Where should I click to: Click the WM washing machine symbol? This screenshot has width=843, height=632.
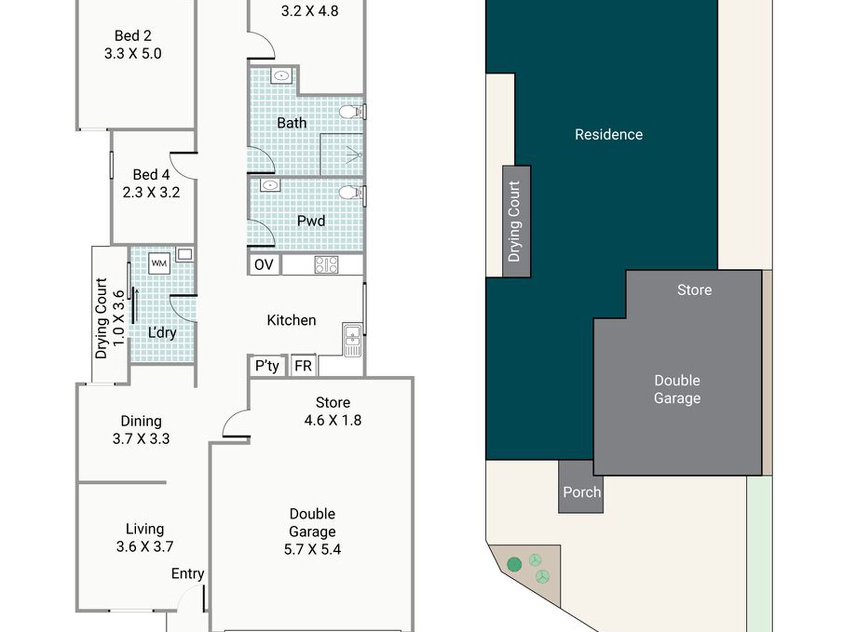[x=159, y=263]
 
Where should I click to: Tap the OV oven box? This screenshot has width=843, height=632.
[x=264, y=265]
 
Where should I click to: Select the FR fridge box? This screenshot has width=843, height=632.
[x=303, y=366]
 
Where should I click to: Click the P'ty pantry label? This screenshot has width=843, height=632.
[x=267, y=366]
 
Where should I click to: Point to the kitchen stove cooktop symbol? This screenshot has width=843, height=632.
[x=326, y=265]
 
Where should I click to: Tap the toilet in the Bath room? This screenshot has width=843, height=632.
[x=352, y=112]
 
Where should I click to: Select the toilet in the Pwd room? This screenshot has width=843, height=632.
[x=352, y=192]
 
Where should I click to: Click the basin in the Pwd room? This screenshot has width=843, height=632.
[x=270, y=184]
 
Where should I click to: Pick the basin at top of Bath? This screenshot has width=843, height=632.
[x=281, y=75]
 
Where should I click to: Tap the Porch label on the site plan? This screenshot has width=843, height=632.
[x=582, y=492]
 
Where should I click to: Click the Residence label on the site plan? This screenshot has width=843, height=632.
[x=609, y=134]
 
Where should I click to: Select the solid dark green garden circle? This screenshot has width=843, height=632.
[x=514, y=565]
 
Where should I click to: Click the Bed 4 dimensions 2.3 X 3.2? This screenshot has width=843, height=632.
[x=151, y=192]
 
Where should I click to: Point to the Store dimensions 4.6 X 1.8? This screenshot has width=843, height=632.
[x=333, y=420]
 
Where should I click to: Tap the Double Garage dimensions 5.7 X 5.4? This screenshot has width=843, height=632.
[x=312, y=549]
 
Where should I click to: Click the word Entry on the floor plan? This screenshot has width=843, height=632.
[x=188, y=573]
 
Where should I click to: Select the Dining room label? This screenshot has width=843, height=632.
[x=141, y=421]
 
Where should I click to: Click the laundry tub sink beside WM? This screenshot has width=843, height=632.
[x=185, y=254]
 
